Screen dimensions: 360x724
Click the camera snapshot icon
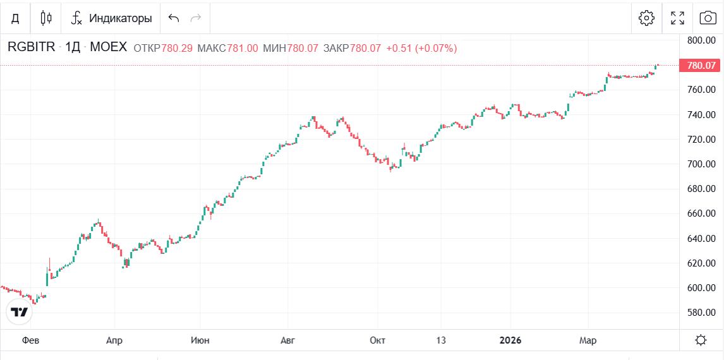[708, 18]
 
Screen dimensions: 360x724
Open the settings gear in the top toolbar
[646, 18]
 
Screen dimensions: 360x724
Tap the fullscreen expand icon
[677, 18]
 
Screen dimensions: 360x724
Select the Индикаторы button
[112, 18]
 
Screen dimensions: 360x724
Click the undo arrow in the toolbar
[174, 18]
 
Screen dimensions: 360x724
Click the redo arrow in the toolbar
[196, 18]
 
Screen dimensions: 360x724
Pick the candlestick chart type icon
[45, 18]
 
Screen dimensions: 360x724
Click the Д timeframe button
[15, 18]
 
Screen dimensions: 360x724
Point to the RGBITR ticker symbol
[32, 47]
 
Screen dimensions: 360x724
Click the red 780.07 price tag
[701, 65]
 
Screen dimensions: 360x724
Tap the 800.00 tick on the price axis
[701, 40]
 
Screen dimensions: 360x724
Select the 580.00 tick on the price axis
[701, 313]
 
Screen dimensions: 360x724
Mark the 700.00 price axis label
[701, 164]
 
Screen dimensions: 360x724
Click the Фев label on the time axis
[30, 340]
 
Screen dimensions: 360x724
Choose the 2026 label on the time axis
[510, 340]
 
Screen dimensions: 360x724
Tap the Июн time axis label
[200, 340]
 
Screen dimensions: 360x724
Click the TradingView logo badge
[20, 311]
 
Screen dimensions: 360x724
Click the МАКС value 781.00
[242, 48]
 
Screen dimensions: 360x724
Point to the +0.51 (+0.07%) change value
[421, 48]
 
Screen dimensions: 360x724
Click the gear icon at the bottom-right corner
[701, 340]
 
